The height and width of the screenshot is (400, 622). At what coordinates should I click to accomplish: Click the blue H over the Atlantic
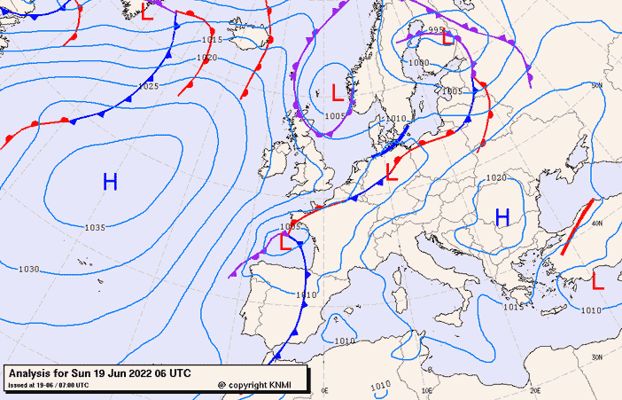click(x=110, y=183)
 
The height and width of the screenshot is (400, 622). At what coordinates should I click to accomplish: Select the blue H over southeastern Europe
click(x=502, y=217)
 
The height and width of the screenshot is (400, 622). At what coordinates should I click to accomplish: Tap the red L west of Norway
click(x=337, y=91)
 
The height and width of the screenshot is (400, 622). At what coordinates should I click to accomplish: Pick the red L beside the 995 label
click(x=448, y=38)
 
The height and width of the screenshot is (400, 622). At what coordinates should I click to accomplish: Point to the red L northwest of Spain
click(x=284, y=241)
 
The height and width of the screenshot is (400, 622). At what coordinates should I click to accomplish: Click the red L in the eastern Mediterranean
click(x=598, y=281)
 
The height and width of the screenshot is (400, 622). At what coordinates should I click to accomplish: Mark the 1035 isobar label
click(x=95, y=228)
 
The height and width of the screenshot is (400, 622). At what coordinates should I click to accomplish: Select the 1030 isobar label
click(x=28, y=269)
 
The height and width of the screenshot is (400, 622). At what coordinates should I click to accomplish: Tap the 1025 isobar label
click(x=148, y=86)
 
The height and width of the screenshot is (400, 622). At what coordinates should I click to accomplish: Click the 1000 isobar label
click(x=418, y=63)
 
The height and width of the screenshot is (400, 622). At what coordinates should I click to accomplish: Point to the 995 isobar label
click(x=435, y=30)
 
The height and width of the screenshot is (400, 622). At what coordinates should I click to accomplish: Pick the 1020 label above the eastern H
click(x=496, y=178)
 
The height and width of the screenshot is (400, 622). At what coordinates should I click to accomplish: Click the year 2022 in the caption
click(x=142, y=373)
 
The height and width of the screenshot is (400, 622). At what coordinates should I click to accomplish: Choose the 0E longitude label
click(x=324, y=390)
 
